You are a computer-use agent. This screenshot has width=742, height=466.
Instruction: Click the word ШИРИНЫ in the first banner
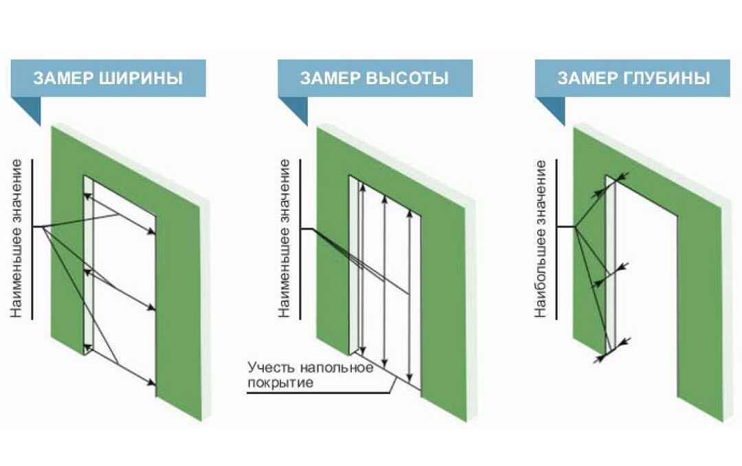[x=141, y=78]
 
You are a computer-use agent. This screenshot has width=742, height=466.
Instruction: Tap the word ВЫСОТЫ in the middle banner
[x=407, y=78]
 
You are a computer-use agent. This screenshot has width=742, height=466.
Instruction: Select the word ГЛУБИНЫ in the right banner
[x=667, y=78]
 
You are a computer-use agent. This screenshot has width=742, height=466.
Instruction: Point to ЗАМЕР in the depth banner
[x=587, y=78]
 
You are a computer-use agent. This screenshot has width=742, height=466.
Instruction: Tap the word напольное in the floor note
[x=338, y=368]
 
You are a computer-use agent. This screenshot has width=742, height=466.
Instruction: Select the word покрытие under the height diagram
[x=280, y=383]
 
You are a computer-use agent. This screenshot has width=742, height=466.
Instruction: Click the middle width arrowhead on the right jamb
[x=152, y=308]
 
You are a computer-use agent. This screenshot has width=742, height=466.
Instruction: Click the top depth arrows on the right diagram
[x=611, y=185]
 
